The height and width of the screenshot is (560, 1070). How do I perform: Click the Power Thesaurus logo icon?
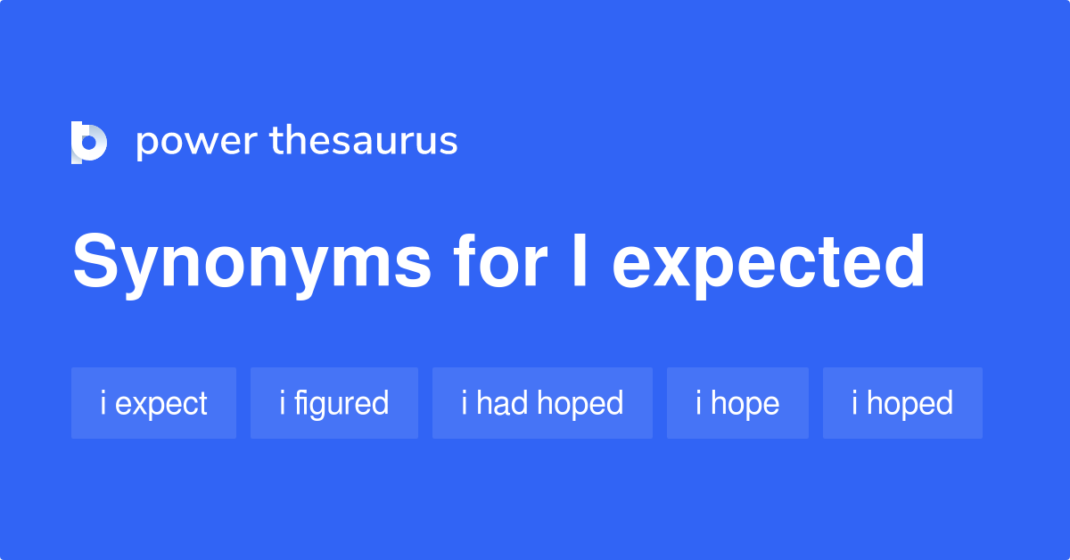tap(88, 143)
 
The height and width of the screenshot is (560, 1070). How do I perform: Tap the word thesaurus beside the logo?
tap(364, 142)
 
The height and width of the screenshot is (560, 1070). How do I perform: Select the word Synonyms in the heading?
tap(251, 263)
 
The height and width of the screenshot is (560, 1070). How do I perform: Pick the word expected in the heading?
tap(768, 263)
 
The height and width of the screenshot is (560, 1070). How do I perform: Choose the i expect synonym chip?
tap(153, 403)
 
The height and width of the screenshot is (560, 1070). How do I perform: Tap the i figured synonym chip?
tap(333, 403)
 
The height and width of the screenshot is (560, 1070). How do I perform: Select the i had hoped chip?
tap(542, 403)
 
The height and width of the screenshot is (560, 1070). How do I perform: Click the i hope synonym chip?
tap(737, 403)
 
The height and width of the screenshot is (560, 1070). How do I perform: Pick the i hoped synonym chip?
tap(902, 403)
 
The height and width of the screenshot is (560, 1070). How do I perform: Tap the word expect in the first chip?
tap(161, 404)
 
